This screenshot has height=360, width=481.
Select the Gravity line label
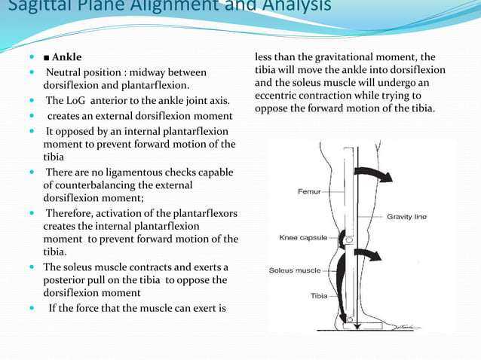(x=407, y=217)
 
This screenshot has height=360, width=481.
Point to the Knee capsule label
(x=303, y=237)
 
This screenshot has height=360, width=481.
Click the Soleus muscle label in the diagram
(x=295, y=270)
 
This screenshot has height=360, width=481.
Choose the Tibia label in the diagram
(x=319, y=296)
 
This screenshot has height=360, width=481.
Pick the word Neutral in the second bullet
(x=67, y=72)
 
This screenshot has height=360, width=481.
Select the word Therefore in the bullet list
(x=73, y=214)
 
